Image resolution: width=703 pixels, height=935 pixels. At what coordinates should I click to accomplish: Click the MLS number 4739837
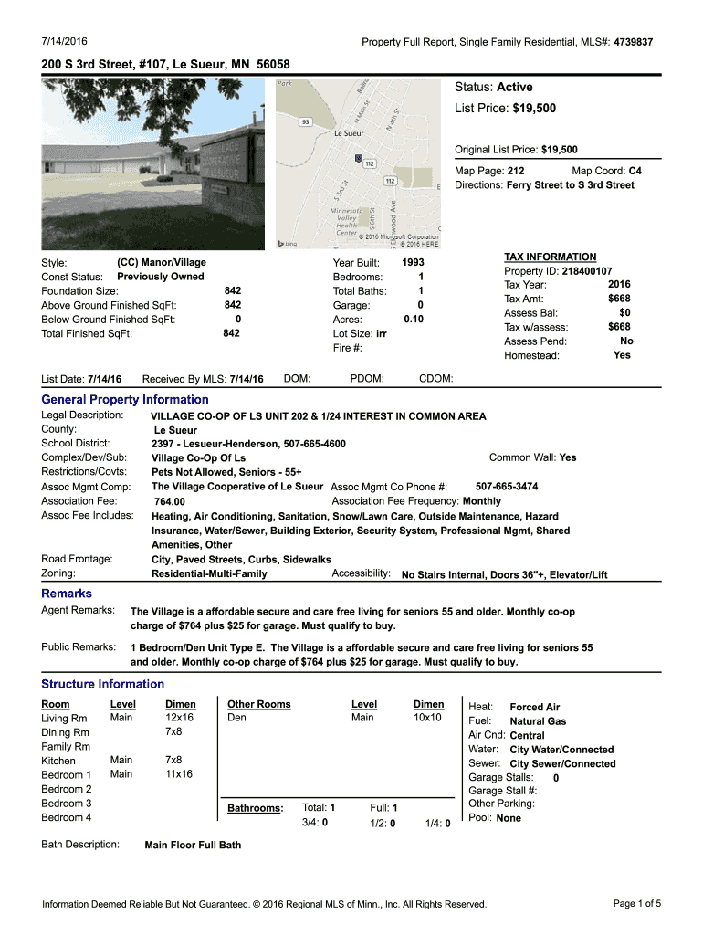[x=633, y=42]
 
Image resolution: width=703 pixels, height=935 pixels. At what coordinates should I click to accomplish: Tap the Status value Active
[x=514, y=87]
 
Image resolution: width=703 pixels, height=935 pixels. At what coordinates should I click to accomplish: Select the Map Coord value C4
[x=635, y=171]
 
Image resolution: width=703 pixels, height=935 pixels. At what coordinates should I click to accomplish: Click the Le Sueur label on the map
[x=350, y=132]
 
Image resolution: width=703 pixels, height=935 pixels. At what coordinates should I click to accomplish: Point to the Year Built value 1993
[x=413, y=262]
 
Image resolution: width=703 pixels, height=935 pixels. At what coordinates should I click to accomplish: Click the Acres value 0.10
[x=413, y=320]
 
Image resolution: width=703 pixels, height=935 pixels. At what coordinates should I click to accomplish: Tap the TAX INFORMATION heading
[x=550, y=257]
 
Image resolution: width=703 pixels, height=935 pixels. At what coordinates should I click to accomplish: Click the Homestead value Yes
[x=622, y=355]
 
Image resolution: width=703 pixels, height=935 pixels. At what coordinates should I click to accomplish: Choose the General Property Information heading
[x=125, y=399]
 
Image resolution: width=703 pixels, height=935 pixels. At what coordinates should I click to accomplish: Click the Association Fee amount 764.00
[x=170, y=501]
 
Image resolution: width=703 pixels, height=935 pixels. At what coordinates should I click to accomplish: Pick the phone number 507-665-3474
[x=507, y=487]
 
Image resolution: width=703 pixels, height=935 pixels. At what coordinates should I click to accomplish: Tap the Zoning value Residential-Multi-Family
[x=209, y=573]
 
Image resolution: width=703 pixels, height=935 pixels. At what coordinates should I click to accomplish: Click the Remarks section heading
[x=68, y=594]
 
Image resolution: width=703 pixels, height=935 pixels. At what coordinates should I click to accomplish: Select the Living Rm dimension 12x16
[x=180, y=718]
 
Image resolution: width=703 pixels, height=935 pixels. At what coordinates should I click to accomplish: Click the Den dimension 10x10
[x=427, y=718]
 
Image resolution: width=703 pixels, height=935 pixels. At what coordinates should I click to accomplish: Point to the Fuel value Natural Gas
[x=538, y=721]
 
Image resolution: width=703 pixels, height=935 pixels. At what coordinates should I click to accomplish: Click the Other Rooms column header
[x=259, y=704]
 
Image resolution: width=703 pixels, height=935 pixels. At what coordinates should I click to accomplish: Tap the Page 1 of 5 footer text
[x=637, y=904]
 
